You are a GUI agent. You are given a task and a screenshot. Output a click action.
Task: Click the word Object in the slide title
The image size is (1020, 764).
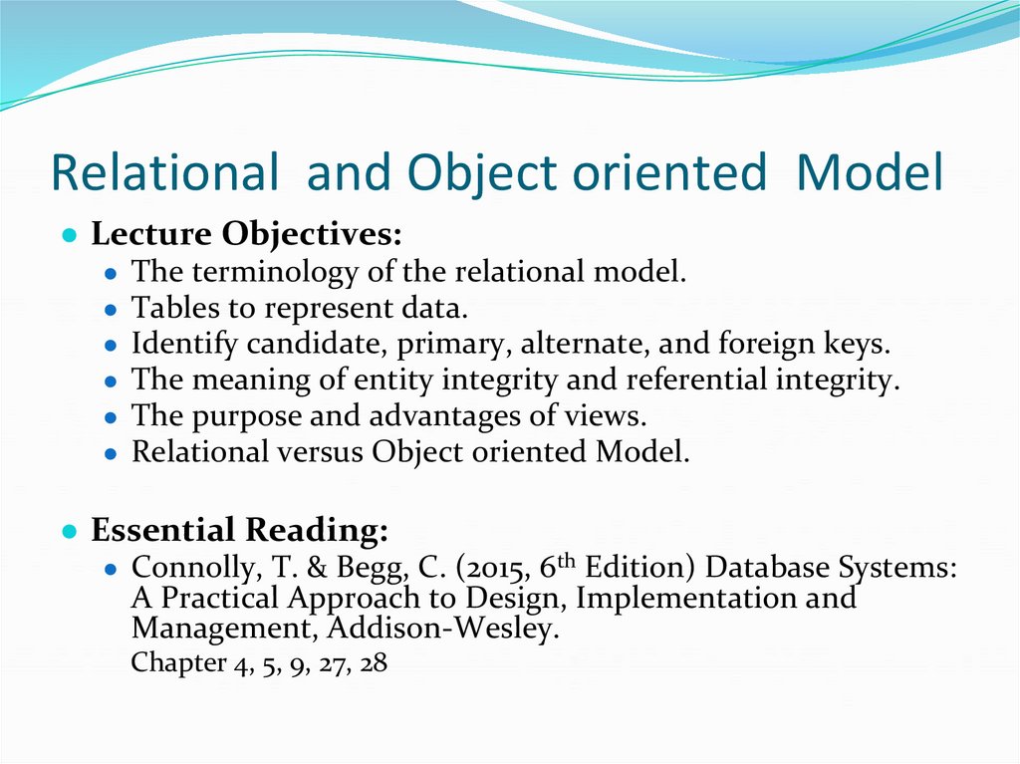pyautogui.click(x=467, y=173)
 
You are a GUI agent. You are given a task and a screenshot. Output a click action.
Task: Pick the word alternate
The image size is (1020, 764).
pyautogui.click(x=584, y=345)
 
